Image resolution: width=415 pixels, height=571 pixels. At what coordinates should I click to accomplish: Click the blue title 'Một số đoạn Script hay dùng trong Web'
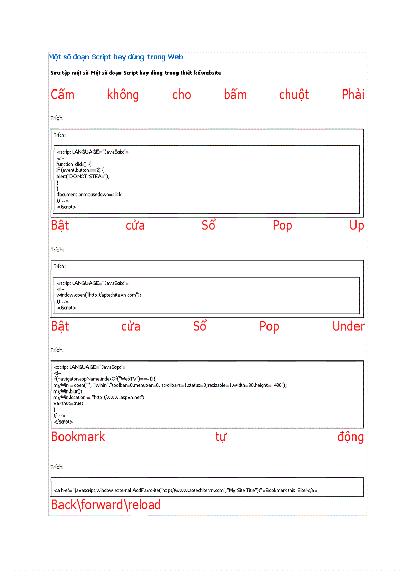[115, 57]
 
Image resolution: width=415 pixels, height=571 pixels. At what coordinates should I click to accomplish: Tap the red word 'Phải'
[353, 95]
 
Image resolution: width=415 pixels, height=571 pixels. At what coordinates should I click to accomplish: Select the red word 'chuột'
[294, 95]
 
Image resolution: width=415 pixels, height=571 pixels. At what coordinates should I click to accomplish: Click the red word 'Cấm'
[63, 95]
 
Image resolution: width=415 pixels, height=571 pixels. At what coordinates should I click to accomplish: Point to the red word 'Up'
[357, 226]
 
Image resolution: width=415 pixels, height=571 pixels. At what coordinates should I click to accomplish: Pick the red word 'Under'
[348, 326]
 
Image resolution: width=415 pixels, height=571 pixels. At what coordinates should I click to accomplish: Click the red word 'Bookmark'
[78, 437]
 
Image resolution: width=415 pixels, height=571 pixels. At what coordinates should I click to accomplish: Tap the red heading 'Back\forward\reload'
[106, 505]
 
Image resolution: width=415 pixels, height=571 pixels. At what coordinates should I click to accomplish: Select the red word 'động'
[350, 437]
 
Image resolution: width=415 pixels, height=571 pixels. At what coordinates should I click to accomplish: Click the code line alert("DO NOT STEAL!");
[83, 176]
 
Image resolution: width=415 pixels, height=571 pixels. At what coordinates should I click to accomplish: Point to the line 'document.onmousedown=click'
[89, 195]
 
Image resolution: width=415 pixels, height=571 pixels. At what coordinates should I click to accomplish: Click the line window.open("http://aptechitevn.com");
[99, 295]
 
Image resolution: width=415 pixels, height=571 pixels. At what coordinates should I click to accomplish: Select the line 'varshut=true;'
[68, 404]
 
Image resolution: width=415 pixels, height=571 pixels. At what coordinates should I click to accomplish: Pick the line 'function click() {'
[74, 164]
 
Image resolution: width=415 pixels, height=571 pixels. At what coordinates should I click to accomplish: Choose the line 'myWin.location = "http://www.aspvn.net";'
[99, 398]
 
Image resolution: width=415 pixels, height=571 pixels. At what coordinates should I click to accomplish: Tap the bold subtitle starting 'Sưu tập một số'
[136, 73]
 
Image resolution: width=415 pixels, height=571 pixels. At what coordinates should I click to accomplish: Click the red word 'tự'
[220, 437]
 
